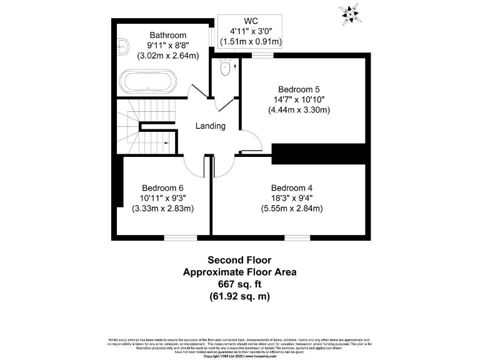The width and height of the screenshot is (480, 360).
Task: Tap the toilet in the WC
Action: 226,69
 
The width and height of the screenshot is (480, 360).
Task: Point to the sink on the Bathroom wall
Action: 122,44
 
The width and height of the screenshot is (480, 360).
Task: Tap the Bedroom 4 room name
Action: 291,187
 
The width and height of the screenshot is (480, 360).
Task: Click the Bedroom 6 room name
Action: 162,187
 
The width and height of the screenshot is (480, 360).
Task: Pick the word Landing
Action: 211,126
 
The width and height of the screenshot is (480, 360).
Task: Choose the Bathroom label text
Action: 167,35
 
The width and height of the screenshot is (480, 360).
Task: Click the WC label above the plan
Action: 251,21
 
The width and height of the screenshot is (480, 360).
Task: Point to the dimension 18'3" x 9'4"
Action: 291,198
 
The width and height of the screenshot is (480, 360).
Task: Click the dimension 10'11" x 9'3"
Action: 162,198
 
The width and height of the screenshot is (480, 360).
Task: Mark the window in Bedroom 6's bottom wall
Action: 180,237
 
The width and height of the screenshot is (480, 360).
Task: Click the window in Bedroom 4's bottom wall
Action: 297,237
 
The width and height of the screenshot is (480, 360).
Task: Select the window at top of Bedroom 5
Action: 263,56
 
